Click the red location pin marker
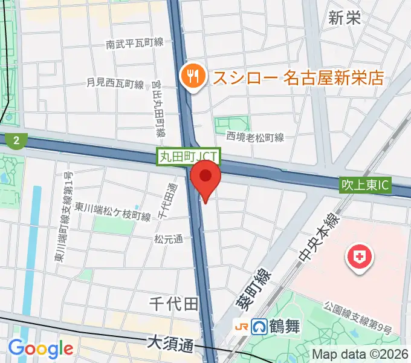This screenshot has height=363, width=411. click(x=206, y=177)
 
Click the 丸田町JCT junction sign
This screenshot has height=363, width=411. click(x=189, y=157)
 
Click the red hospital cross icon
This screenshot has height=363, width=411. click(x=359, y=258)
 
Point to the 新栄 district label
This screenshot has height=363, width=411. click(x=345, y=18)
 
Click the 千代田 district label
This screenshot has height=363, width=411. click(x=176, y=304)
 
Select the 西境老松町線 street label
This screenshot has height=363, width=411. click(x=255, y=138)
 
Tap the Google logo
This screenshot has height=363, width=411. click(x=40, y=348)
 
